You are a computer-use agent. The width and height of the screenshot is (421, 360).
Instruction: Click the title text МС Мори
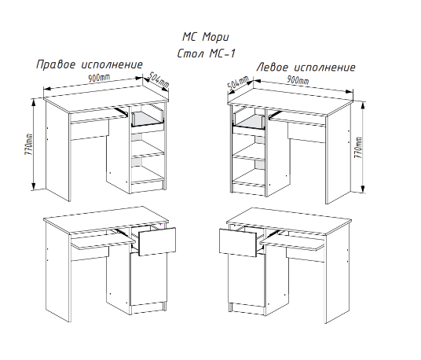[206, 37]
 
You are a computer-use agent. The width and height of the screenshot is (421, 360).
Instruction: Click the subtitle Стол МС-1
[206, 53]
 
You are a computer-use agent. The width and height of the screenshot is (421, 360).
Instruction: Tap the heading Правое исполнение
[90, 64]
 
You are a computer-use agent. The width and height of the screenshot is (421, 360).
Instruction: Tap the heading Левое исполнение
[306, 67]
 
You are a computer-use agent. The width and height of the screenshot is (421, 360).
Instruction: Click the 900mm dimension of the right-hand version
[99, 78]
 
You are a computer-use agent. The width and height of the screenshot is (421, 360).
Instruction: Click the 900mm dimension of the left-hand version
[298, 80]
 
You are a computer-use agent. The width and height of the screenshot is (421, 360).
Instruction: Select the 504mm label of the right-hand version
[159, 80]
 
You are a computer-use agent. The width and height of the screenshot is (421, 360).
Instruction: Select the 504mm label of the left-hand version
[238, 83]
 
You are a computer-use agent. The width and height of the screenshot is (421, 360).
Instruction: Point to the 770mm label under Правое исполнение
[28, 144]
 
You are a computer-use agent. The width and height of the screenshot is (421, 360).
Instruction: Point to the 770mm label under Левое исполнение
[358, 148]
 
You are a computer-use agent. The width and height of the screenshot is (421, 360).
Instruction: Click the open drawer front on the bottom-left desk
[157, 241]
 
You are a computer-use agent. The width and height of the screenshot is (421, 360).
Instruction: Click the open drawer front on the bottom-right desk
[239, 242]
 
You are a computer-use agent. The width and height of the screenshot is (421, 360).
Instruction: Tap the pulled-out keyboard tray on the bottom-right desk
[293, 242]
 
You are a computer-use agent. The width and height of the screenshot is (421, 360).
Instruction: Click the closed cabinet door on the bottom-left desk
[147, 278]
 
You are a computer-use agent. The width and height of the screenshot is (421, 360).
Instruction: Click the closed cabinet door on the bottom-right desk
[247, 279]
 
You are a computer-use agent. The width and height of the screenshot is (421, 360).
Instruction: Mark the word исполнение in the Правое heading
[112, 64]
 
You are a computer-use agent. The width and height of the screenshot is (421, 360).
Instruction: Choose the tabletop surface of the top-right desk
[290, 102]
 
